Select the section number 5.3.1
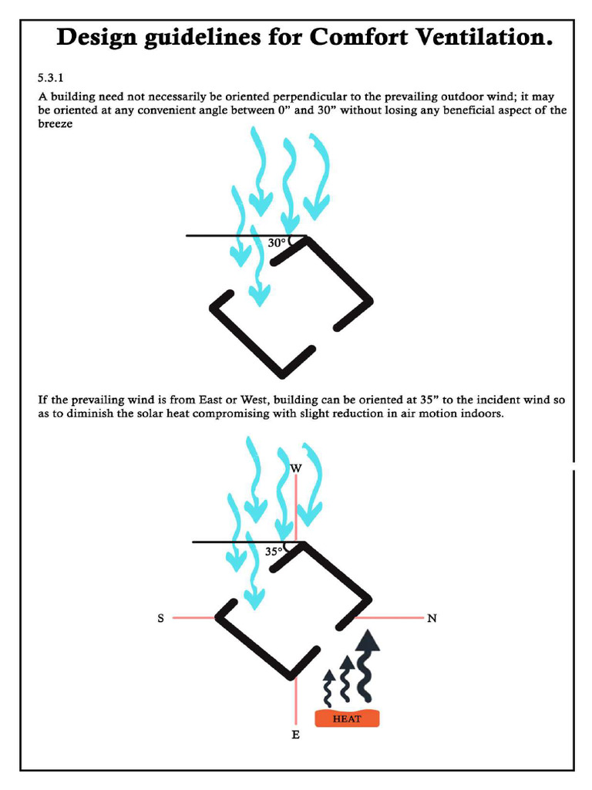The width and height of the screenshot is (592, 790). pos(52,78)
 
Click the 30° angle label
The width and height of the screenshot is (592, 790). pos(277,243)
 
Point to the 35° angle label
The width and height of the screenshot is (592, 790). pos(274,552)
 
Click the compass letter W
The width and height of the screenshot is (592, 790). pos(296,468)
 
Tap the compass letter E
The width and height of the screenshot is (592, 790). pos(295,735)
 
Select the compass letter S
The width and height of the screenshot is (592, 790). pos(161,618)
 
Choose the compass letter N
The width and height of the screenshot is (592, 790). pos(432,618)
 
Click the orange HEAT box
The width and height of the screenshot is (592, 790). pos(347,718)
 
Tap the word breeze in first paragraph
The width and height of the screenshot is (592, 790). pos(55,124)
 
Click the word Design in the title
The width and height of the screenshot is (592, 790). pos(98,39)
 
